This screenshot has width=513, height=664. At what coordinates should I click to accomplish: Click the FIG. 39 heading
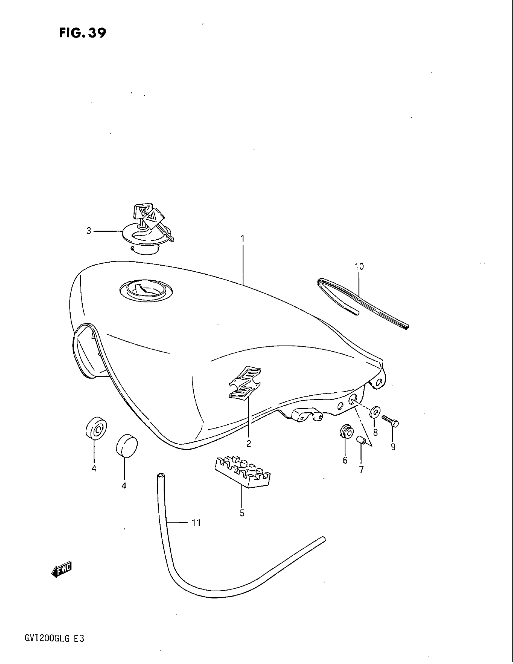pyautogui.click(x=82, y=33)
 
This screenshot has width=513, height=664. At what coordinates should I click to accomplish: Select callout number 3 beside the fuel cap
pyautogui.click(x=89, y=231)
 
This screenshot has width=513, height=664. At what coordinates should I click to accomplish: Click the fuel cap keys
pyautogui.click(x=149, y=216)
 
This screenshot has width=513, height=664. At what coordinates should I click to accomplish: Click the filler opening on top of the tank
pyautogui.click(x=146, y=289)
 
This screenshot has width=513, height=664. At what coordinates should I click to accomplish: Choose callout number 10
pyautogui.click(x=359, y=267)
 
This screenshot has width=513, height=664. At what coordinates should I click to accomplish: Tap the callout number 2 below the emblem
pyautogui.click(x=249, y=444)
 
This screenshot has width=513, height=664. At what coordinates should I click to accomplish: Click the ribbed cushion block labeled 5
pyautogui.click(x=243, y=475)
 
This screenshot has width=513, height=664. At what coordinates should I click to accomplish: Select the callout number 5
pyautogui.click(x=242, y=513)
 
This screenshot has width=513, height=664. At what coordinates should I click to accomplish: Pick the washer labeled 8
pyautogui.click(x=375, y=413)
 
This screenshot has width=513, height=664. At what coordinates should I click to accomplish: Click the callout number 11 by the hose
pyautogui.click(x=196, y=523)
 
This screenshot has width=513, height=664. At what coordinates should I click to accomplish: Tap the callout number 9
pyautogui.click(x=393, y=447)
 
